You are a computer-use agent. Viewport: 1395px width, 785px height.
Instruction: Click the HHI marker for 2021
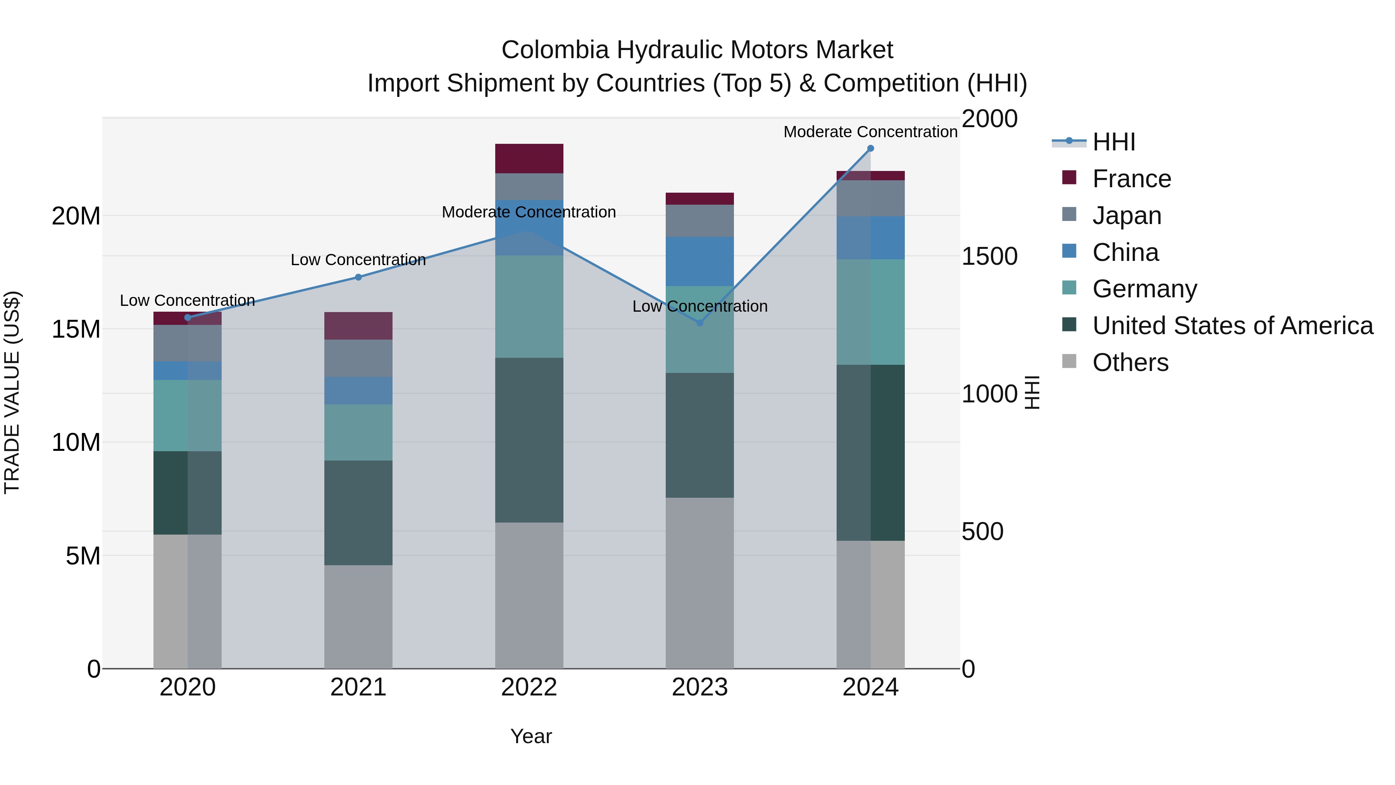358,278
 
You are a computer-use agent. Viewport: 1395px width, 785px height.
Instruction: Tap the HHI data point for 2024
870,148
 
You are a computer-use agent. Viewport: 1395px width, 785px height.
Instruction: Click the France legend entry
1131,179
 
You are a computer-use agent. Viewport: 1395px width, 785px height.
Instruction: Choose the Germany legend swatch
1069,288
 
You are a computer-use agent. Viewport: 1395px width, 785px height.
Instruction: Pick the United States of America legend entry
1233,326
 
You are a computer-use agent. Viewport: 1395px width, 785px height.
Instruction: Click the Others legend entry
1130,362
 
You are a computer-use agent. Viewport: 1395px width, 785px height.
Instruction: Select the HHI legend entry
1113,142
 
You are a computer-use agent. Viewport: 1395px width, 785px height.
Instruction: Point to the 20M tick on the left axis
76,216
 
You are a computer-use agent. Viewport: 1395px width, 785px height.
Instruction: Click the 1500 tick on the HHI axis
989,256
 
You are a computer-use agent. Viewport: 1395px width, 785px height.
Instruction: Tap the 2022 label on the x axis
529,687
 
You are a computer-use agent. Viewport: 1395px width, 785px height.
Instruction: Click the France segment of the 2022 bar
529,159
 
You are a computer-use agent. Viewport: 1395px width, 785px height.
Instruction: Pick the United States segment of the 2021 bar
358,512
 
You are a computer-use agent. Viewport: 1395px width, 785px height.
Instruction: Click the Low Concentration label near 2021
358,260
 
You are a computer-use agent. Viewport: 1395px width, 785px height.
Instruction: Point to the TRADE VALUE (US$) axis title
12,392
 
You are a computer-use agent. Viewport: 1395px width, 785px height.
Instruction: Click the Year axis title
531,736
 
